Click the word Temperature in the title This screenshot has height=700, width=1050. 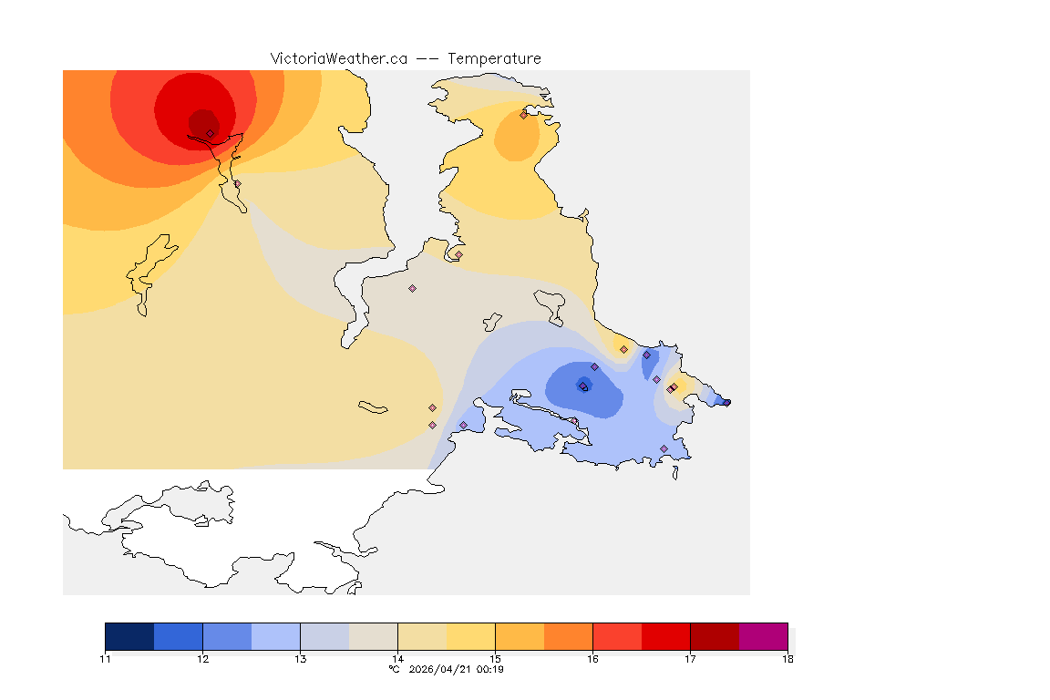click(x=494, y=58)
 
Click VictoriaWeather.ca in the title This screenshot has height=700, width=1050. click(x=338, y=58)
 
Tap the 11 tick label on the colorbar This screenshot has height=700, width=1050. click(x=105, y=659)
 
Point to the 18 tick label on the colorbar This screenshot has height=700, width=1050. click(x=787, y=659)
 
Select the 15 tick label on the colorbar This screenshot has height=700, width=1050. click(x=495, y=659)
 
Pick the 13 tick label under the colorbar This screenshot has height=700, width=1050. click(x=300, y=659)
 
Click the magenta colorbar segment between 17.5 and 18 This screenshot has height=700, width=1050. click(x=763, y=636)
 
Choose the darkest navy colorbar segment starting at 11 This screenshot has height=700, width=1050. click(x=129, y=636)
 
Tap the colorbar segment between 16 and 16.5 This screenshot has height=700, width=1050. click(x=617, y=636)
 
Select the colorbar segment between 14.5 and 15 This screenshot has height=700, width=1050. click(x=470, y=636)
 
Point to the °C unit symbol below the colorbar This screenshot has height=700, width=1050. click(x=394, y=670)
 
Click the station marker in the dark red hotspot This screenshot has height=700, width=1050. click(x=210, y=133)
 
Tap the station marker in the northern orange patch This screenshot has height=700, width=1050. click(x=523, y=115)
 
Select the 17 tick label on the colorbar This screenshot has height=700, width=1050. click(x=690, y=659)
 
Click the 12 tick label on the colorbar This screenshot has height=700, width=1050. click(x=202, y=659)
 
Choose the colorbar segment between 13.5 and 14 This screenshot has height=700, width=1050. click(x=373, y=636)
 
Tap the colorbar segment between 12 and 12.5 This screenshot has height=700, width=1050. click(x=227, y=636)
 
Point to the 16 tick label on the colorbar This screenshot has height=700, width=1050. click(x=592, y=659)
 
